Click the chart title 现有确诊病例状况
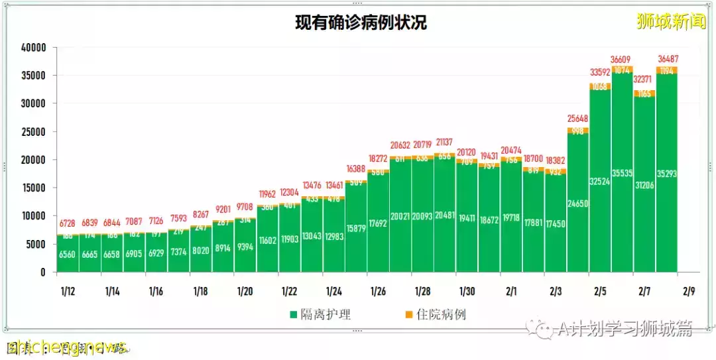pyautogui.click(x=361, y=23)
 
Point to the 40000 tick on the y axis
pyautogui.click(x=33, y=48)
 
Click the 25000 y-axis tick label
pyautogui.click(x=33, y=132)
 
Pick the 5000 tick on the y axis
pyautogui.click(x=36, y=244)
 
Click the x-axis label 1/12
pyautogui.click(x=67, y=291)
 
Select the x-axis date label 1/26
pyautogui.click(x=378, y=291)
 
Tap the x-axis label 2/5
pyautogui.click(x=600, y=291)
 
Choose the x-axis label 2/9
pyautogui.click(x=689, y=291)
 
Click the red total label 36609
pyautogui.click(x=622, y=59)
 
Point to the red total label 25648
pyautogui.click(x=577, y=119)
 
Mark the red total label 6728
pyautogui.click(x=68, y=223)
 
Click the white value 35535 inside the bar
pyautogui.click(x=622, y=174)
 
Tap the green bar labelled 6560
pyautogui.click(x=68, y=255)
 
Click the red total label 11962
pyautogui.click(x=267, y=194)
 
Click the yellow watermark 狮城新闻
pyautogui.click(x=671, y=22)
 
